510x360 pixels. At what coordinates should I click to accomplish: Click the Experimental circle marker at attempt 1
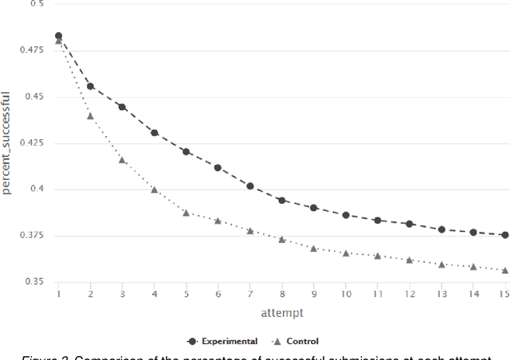click(58, 36)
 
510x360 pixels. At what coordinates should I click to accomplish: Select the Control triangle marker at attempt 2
click(90, 115)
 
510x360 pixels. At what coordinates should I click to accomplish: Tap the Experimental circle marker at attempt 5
click(186, 151)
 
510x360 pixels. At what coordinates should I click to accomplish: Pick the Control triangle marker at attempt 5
click(186, 213)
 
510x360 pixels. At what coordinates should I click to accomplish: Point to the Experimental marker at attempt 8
click(281, 201)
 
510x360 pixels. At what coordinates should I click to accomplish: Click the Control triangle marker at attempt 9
click(313, 248)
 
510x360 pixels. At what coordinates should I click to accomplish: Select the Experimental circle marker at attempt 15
click(504, 235)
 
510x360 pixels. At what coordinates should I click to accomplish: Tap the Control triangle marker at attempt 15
click(504, 271)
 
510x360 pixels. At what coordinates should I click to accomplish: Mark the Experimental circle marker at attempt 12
click(409, 224)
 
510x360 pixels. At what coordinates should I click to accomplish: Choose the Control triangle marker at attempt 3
click(122, 160)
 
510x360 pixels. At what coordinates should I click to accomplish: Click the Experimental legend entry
click(222, 341)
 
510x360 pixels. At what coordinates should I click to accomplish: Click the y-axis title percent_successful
click(7, 143)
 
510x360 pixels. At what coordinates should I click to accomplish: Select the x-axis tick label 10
click(345, 294)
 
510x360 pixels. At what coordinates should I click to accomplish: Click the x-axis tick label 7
click(249, 294)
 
